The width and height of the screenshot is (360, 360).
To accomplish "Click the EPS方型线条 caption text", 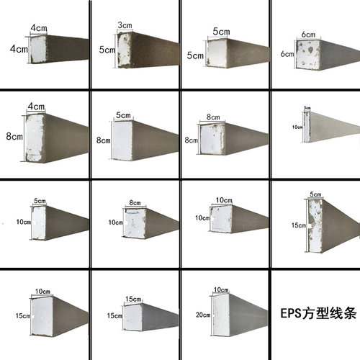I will click(315, 315).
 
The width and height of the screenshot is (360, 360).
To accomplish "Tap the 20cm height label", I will click(203, 315).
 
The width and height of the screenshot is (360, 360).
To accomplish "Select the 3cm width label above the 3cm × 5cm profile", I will click(125, 25).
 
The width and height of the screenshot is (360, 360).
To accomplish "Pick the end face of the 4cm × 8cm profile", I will click(35, 137).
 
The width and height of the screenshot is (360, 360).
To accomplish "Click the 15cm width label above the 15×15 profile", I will click(133, 299).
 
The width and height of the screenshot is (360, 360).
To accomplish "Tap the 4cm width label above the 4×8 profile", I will click(35, 107).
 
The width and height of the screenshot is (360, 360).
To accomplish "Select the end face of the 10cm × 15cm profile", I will click(40, 317).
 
